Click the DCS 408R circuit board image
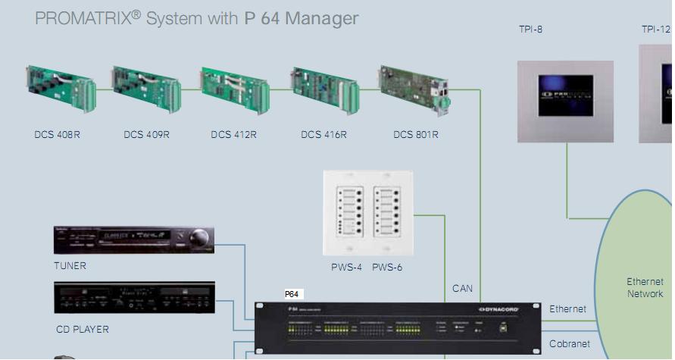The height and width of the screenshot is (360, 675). click(x=61, y=88)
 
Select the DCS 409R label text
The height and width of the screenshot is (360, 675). click(x=146, y=135)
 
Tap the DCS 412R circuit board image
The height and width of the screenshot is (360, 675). click(x=234, y=89)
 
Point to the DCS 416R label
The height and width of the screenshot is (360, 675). click(x=323, y=135)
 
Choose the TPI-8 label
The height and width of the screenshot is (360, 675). click(x=530, y=30)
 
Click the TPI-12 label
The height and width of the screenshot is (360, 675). click(x=656, y=30)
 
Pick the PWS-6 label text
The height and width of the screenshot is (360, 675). click(x=387, y=267)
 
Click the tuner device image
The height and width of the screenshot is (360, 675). click(x=133, y=239)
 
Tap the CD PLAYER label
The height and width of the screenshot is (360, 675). click(x=82, y=330)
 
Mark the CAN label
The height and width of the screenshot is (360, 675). click(x=462, y=289)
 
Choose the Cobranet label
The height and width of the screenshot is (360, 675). click(x=569, y=344)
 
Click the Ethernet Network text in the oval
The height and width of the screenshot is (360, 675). click(x=645, y=287)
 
